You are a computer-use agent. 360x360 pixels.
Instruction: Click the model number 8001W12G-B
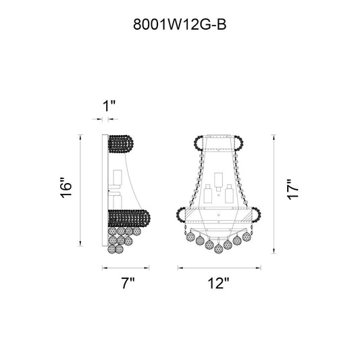click(180, 24)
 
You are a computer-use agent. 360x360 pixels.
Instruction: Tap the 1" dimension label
click(109, 106)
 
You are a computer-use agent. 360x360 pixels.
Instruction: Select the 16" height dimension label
click(66, 188)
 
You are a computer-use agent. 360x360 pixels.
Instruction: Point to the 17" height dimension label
click(293, 189)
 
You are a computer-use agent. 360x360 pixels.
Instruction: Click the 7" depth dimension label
click(128, 283)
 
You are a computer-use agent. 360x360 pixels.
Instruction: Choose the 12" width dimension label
click(219, 283)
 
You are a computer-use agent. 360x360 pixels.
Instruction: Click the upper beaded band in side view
click(120, 144)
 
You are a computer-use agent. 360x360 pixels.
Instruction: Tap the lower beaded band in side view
click(129, 218)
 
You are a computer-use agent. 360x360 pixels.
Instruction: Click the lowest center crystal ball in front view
click(218, 249)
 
